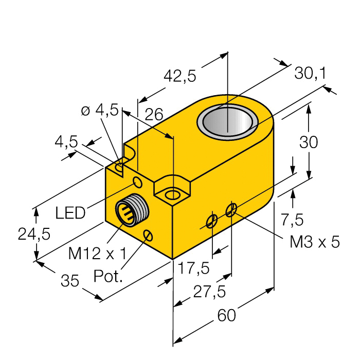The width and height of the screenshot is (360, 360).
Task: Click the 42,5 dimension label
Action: pos(179,77)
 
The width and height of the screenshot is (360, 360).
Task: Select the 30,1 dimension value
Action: pos(310,74)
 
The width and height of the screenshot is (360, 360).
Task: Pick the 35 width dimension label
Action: pos(70,281)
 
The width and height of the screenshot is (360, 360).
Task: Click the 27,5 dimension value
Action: pos(208,292)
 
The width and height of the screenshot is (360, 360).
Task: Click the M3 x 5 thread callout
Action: pos(314,242)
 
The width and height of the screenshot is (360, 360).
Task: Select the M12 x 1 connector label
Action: pos(97,253)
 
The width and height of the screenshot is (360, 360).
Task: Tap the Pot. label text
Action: pos(109,277)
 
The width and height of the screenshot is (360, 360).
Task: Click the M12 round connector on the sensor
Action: pos(129,211)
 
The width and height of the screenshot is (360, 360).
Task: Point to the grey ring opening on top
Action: pos(228,124)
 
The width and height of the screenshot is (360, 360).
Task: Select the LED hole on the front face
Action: pos(138,182)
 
